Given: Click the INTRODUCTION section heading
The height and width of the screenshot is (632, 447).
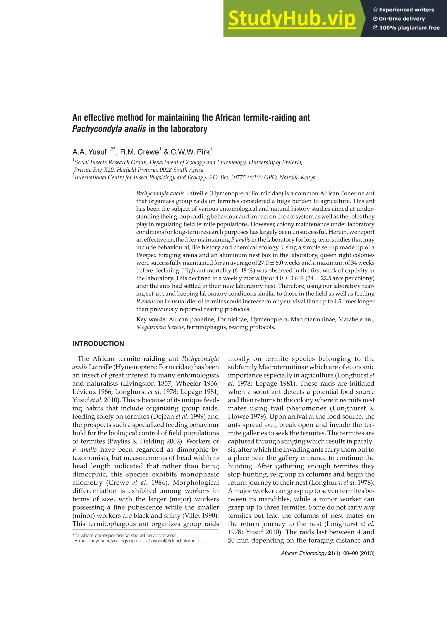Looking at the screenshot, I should (x=98, y=343).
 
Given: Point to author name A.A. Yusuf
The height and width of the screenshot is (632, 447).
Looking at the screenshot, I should (x=89, y=152).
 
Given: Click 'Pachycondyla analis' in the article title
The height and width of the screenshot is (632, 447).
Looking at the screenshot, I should (x=109, y=129).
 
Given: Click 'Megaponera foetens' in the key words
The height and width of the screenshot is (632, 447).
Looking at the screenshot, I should (x=160, y=327).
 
